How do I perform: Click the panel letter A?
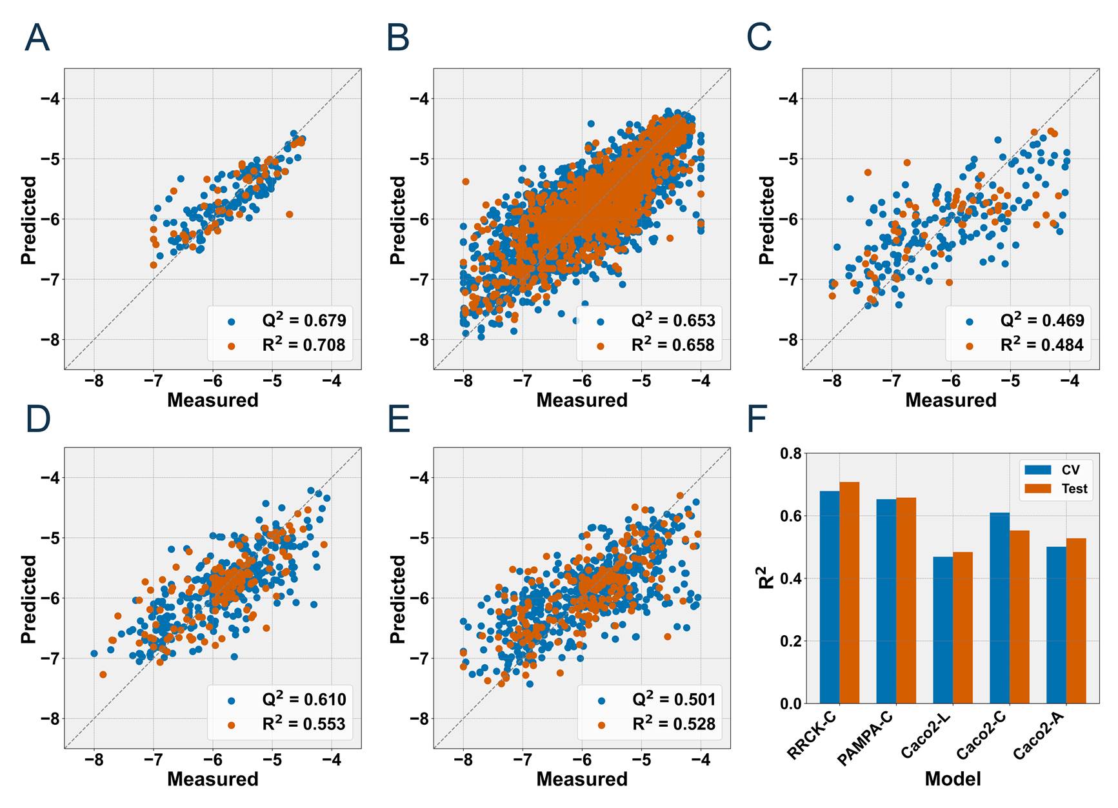[37, 38]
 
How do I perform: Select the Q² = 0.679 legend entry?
[303, 320]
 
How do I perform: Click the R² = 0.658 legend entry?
[672, 345]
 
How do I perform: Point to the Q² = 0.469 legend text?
[1042, 320]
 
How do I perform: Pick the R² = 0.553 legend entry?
[303, 724]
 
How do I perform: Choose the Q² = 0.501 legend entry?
[673, 700]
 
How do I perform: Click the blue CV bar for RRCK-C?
[830, 597]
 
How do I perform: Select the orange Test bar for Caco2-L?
[963, 627]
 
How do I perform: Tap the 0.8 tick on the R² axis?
[791, 453]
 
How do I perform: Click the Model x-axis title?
[952, 779]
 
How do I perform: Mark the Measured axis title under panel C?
[950, 400]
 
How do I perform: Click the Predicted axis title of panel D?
[29, 599]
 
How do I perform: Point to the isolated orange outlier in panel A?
[289, 214]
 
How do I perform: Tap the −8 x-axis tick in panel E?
[463, 760]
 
